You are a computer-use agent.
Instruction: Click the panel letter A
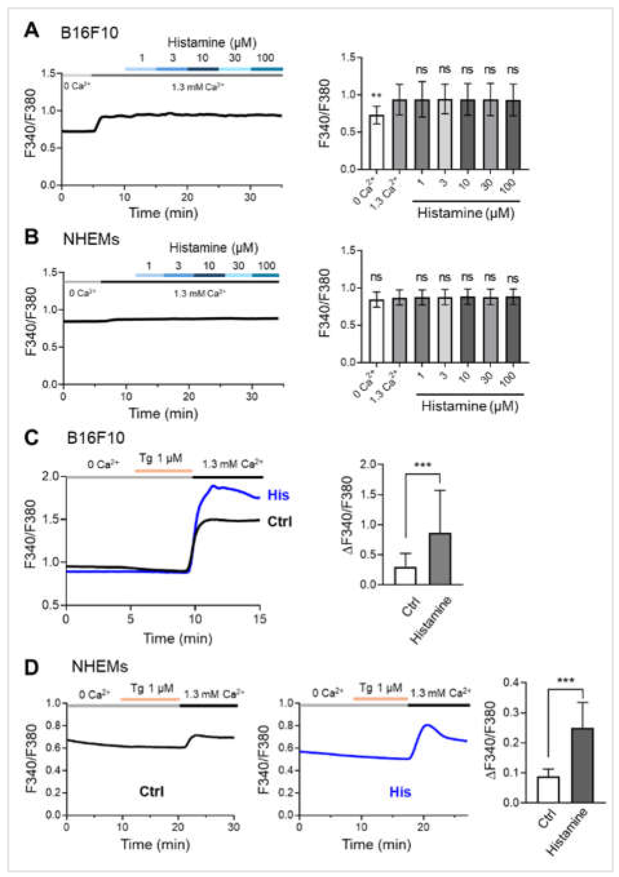31,30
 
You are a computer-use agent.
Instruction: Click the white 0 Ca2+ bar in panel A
376,142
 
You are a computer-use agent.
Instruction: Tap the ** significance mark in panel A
376,95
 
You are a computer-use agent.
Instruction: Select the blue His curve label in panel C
278,495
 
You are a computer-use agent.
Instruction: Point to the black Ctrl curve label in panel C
279,521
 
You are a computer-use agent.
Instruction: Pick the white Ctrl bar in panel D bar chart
548,789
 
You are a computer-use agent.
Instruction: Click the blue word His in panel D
400,792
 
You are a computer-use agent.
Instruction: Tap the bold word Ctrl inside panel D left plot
152,791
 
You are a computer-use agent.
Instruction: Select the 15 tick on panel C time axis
260,618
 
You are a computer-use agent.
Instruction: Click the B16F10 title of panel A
89,33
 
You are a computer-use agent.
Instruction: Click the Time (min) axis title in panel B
163,413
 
